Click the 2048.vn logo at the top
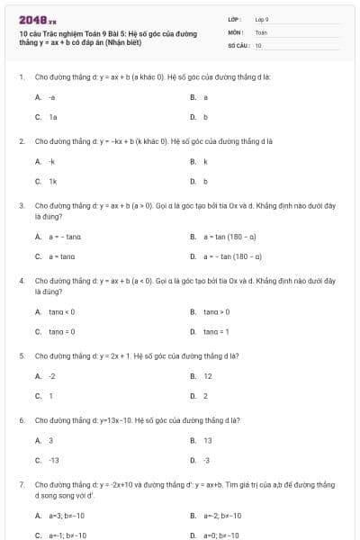(x=39, y=19)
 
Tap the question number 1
(x=21, y=77)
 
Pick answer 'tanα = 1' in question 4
(x=217, y=331)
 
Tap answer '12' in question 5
(x=208, y=376)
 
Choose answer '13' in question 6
(x=208, y=441)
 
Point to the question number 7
(x=21, y=484)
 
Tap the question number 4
(x=21, y=281)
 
